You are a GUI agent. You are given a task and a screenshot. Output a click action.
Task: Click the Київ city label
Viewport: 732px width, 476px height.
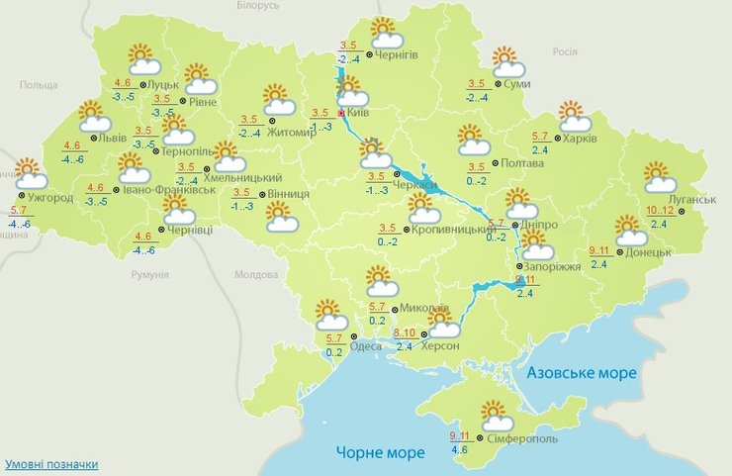click(360, 115)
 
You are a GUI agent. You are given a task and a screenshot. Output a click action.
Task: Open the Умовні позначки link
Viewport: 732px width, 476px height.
click(51, 464)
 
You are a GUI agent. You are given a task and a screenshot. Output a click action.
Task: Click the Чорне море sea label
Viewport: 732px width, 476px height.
click(380, 452)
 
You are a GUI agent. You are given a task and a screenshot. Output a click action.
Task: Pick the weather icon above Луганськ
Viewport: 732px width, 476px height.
click(660, 177)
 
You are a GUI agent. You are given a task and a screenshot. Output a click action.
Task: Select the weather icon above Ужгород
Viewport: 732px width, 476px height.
click(31, 174)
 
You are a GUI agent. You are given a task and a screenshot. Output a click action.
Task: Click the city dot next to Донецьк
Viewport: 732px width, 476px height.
click(619, 251)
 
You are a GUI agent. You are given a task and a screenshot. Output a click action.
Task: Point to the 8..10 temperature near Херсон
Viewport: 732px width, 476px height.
click(405, 333)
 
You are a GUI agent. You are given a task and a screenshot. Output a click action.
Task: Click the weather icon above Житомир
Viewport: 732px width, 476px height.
click(281, 100)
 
